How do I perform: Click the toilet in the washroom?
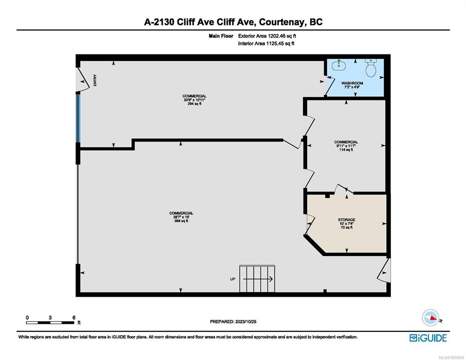click(371, 68)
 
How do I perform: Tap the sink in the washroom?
click(338, 65)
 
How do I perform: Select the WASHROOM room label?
click(352, 83)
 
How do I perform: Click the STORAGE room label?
click(346, 220)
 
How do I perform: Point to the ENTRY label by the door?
click(95, 80)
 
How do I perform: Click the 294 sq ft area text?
click(195, 104)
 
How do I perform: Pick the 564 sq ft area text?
click(181, 221)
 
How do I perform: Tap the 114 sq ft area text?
click(346, 150)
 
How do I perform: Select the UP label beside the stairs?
click(233, 279)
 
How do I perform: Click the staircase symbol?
click(257, 279)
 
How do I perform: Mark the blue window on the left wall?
click(78, 118)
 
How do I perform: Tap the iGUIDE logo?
click(428, 338)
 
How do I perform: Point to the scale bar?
click(50, 322)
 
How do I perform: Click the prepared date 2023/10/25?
click(246, 322)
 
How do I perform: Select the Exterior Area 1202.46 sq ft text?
click(267, 36)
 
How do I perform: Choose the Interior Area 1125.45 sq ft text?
click(266, 44)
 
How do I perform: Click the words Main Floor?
click(221, 36)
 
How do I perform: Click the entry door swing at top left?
click(83, 80)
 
